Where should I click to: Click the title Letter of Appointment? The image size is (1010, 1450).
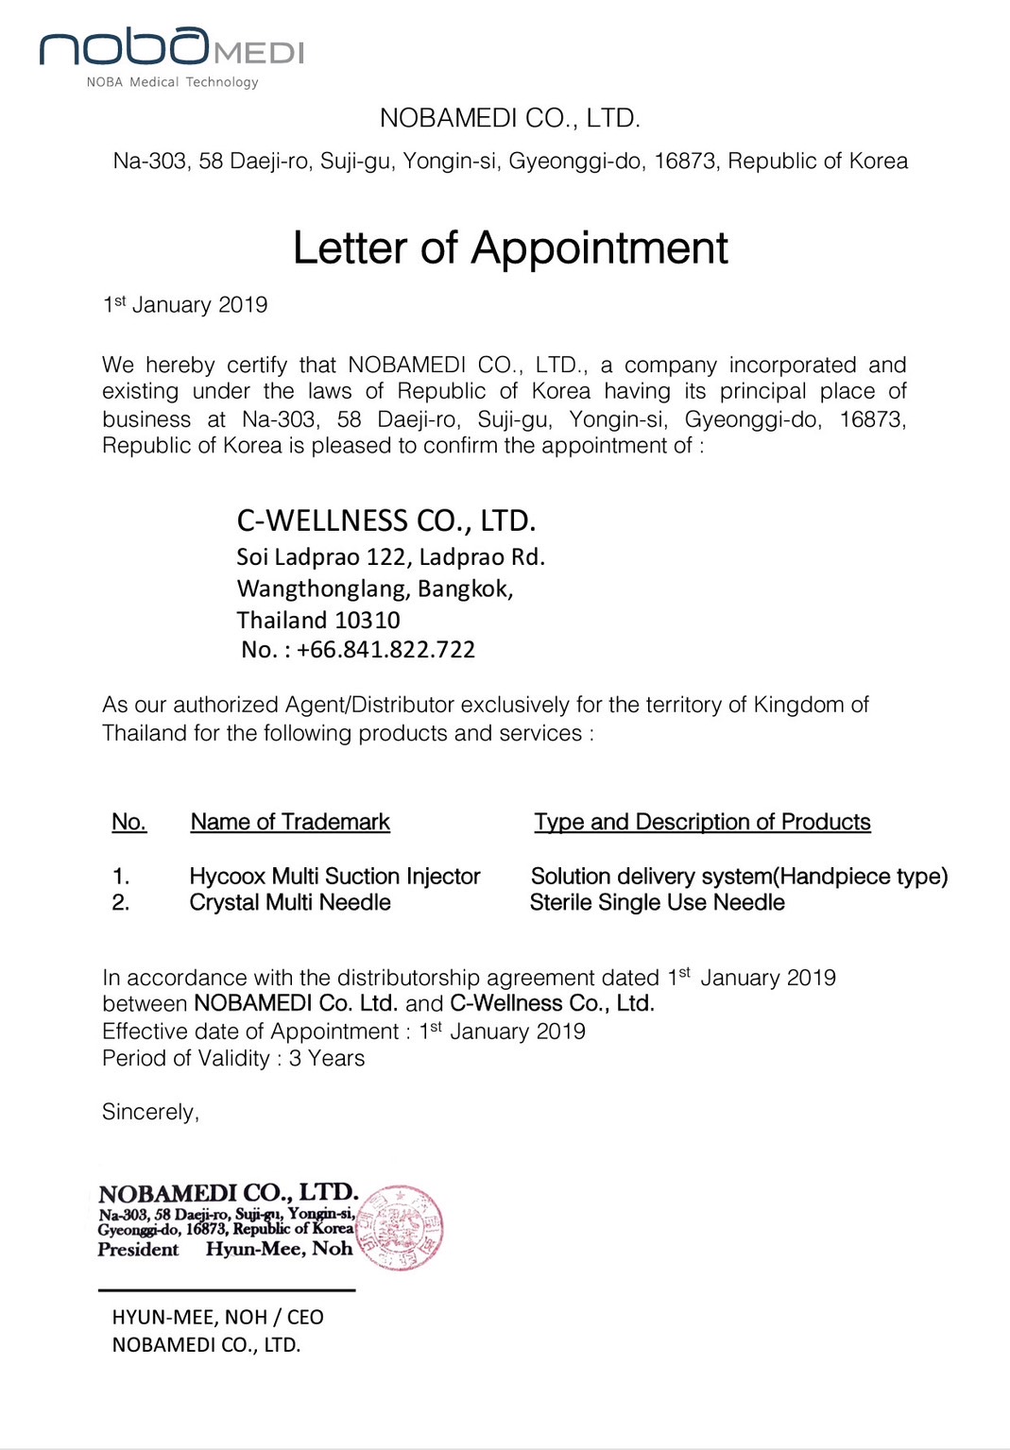510,248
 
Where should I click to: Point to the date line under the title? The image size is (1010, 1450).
185,304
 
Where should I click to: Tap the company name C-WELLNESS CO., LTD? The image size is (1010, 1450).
385,520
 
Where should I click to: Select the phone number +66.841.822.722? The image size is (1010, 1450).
385,650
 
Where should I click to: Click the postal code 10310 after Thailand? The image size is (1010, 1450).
368,621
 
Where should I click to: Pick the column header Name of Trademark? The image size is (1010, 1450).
290,822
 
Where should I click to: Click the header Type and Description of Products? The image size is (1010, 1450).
702,822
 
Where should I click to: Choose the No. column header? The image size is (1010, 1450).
128,822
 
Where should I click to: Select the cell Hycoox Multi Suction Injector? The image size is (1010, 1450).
334,877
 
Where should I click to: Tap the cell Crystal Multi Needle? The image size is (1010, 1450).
290,903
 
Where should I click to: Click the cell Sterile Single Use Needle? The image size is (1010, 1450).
657,903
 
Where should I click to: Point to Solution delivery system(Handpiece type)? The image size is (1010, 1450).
739,877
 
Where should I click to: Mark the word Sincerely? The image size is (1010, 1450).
150,1112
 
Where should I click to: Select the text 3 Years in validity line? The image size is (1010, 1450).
327,1059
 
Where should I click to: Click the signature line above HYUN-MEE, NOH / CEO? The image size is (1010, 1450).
227,1290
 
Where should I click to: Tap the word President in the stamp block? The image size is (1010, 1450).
138,1250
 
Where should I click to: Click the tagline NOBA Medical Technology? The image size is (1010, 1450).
172,82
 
